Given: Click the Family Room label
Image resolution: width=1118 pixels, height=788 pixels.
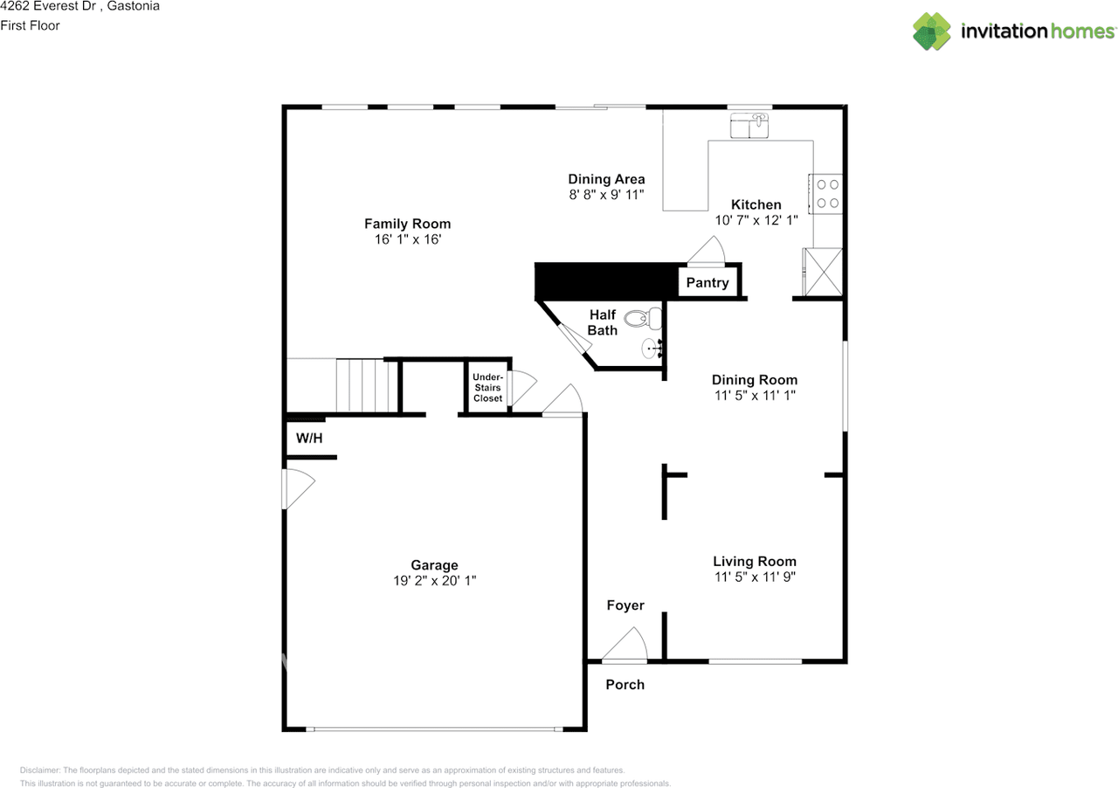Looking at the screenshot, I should click(x=407, y=224).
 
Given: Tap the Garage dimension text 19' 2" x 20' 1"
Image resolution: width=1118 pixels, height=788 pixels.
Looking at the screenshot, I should click(x=434, y=581).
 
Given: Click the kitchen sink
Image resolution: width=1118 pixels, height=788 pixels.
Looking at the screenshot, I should click(x=749, y=127).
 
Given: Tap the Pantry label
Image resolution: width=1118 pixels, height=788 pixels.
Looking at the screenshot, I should click(x=707, y=283).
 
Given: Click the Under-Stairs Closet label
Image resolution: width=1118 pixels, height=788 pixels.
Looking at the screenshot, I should click(x=487, y=388).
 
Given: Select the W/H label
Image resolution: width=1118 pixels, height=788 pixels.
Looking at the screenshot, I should click(x=309, y=438).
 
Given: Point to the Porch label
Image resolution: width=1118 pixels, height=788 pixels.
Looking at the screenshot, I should click(x=625, y=685).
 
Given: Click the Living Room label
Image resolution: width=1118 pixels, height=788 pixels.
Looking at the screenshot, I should click(x=755, y=562).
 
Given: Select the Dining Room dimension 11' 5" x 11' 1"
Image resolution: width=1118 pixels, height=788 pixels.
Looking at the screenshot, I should click(x=755, y=395).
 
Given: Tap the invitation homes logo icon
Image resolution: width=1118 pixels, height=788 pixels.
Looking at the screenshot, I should click(x=932, y=31).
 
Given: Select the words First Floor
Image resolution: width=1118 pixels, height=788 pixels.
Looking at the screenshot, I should click(x=31, y=25).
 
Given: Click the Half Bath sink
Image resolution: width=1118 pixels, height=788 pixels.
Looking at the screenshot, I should click(x=652, y=349).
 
